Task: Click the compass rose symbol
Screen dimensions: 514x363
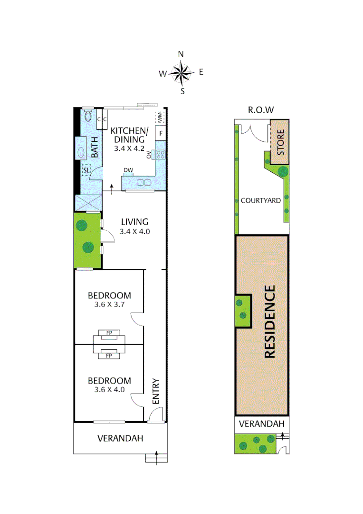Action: tap(181, 73)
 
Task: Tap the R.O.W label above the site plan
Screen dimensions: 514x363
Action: tap(261, 110)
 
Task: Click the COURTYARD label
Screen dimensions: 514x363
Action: tap(260, 200)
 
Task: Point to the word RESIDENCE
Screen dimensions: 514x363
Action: tap(269, 322)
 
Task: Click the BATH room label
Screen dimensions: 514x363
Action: tap(94, 148)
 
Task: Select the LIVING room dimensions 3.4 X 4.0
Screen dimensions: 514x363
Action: tap(134, 232)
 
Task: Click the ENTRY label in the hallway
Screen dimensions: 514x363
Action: tap(155, 392)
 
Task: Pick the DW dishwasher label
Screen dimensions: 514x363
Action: tap(128, 170)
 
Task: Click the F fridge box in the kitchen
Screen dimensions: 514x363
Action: tap(161, 133)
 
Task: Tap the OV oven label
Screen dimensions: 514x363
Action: tap(149, 154)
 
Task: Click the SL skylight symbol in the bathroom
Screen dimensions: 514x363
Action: tap(86, 170)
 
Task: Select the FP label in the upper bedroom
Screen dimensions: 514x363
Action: tap(109, 333)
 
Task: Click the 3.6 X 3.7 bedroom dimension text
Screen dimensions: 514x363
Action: tap(109, 305)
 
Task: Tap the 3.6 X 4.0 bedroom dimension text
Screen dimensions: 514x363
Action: tap(109, 390)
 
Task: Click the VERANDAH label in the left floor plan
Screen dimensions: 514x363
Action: tap(120, 438)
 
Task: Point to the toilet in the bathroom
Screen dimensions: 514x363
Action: tap(88, 116)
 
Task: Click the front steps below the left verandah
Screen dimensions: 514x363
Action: tap(156, 458)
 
